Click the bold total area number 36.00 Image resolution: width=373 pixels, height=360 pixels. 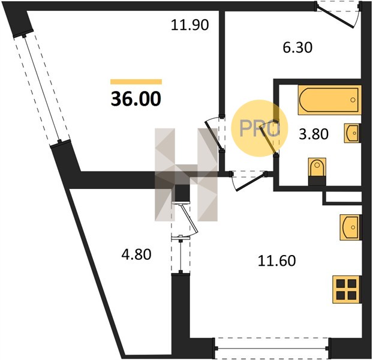click(136, 99)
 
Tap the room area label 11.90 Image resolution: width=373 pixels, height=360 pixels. click(190, 25)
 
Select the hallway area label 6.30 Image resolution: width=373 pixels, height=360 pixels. click(297, 47)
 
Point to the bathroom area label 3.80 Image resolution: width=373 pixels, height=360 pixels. click(314, 134)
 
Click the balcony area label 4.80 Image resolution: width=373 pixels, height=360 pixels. click(136, 254)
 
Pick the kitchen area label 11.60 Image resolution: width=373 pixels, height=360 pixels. click(277, 260)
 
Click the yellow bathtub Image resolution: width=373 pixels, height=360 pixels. click(329, 100)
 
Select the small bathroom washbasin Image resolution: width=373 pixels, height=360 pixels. click(352, 133)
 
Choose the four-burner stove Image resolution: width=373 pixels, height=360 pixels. click(347, 289)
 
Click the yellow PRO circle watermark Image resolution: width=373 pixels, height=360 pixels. click(260, 128)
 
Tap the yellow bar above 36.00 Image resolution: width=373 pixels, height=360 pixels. click(136, 82)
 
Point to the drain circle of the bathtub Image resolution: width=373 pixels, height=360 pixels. click(353, 100)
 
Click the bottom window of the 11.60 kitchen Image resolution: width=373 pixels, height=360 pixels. click(272, 349)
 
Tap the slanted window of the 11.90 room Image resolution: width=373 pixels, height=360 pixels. click(41, 89)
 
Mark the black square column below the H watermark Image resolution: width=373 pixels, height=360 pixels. click(182, 193)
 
